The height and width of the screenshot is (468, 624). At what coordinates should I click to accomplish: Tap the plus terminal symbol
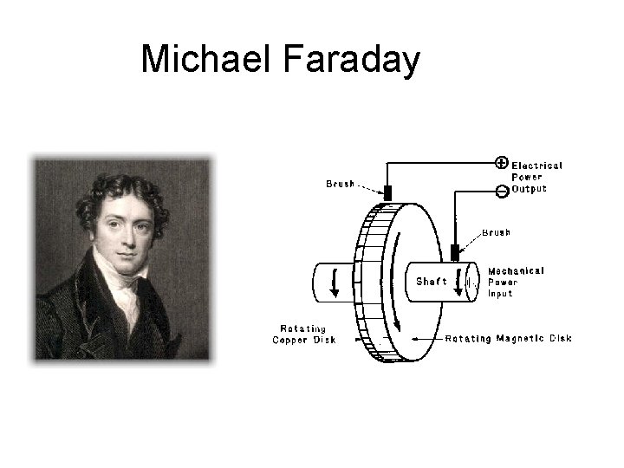click(x=501, y=162)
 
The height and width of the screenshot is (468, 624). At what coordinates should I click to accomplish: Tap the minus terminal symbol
click(x=501, y=190)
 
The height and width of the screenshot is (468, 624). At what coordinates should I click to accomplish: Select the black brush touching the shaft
click(x=455, y=252)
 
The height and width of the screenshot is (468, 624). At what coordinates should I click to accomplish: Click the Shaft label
click(x=431, y=281)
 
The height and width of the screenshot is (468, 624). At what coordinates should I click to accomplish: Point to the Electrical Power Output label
click(x=536, y=177)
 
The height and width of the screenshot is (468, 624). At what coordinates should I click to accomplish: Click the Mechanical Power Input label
click(x=516, y=282)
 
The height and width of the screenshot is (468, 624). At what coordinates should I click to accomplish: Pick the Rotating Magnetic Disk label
click(x=508, y=338)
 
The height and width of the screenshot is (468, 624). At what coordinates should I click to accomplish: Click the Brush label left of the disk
click(x=340, y=184)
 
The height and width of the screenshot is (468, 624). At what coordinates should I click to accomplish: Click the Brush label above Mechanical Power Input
click(x=496, y=232)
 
